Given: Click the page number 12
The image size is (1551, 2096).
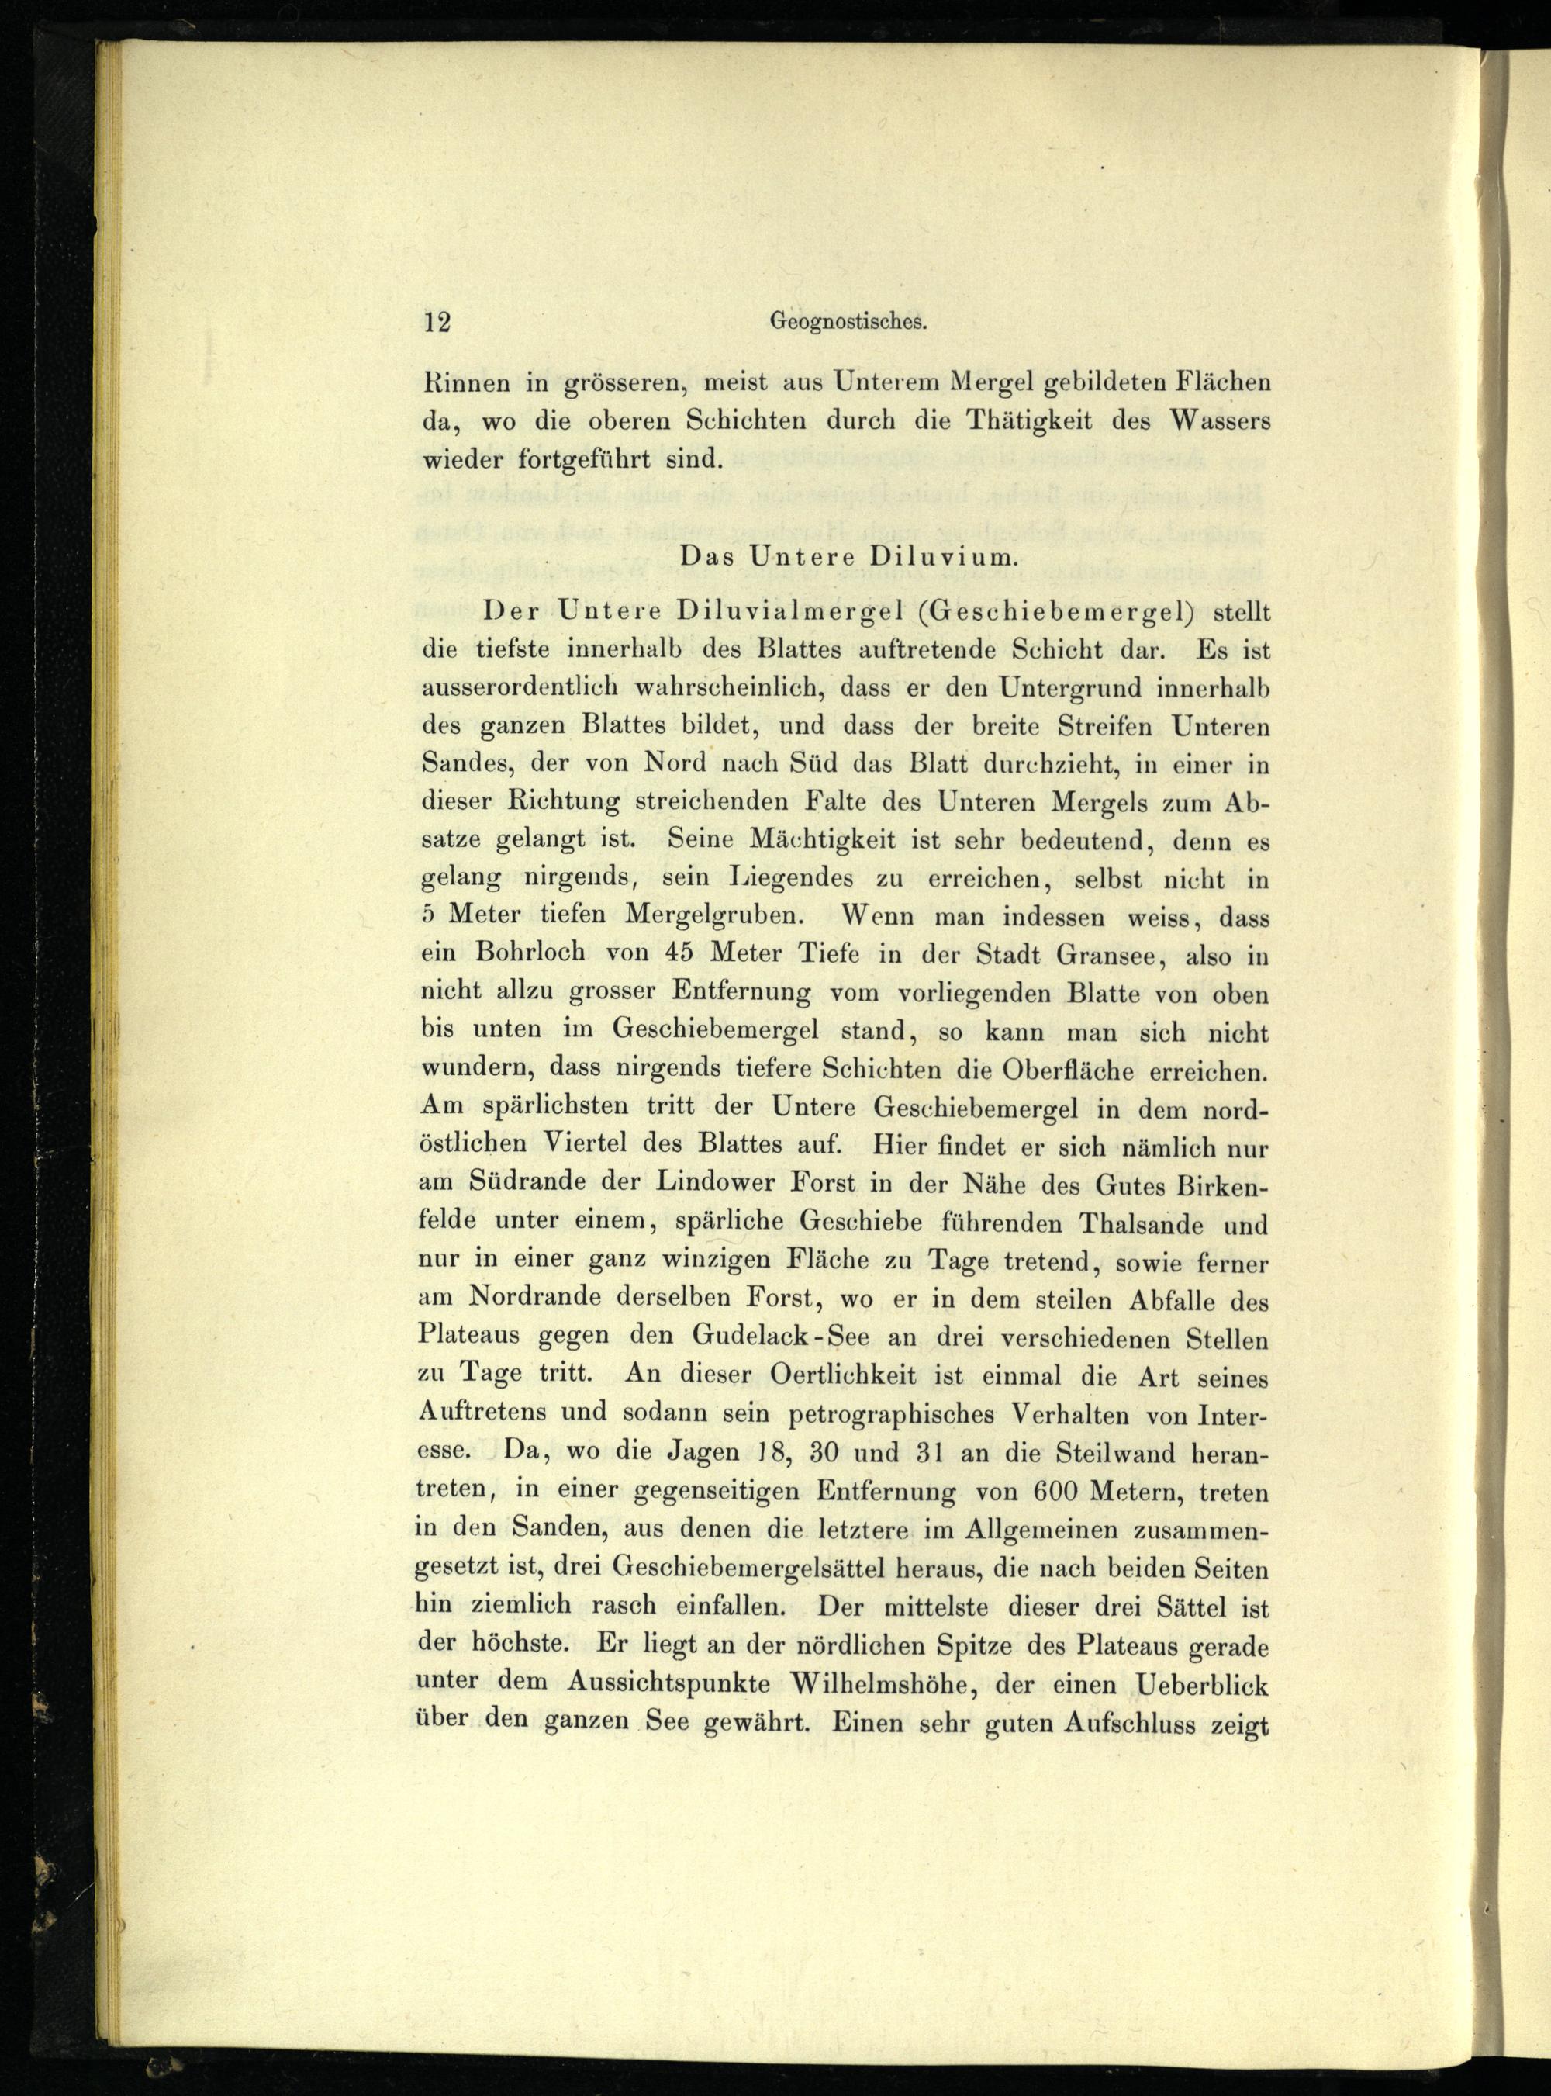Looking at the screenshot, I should point(437,322).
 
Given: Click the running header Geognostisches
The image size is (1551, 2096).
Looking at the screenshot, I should point(848,322).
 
